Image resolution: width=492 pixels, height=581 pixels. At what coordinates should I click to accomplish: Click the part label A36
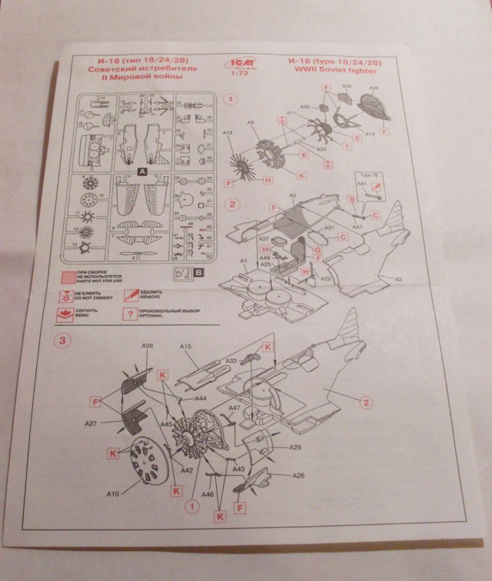pos(374,88)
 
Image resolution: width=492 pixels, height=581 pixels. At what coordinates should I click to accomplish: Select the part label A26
pos(298,475)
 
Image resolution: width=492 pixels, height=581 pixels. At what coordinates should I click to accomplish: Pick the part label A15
pos(185,347)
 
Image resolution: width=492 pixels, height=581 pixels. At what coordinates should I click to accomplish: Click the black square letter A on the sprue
pos(142,172)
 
